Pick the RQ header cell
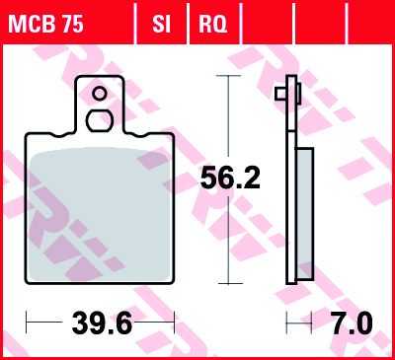(211, 23)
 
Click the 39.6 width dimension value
(99, 322)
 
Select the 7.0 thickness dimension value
(351, 322)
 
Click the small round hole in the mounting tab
(99, 95)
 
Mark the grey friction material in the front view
(99, 213)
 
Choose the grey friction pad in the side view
(305, 213)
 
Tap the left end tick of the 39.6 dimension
(26, 322)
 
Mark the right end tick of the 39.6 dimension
(174, 322)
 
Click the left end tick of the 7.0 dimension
(286, 322)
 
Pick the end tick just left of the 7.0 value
(313, 322)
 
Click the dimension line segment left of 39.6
(43, 322)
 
